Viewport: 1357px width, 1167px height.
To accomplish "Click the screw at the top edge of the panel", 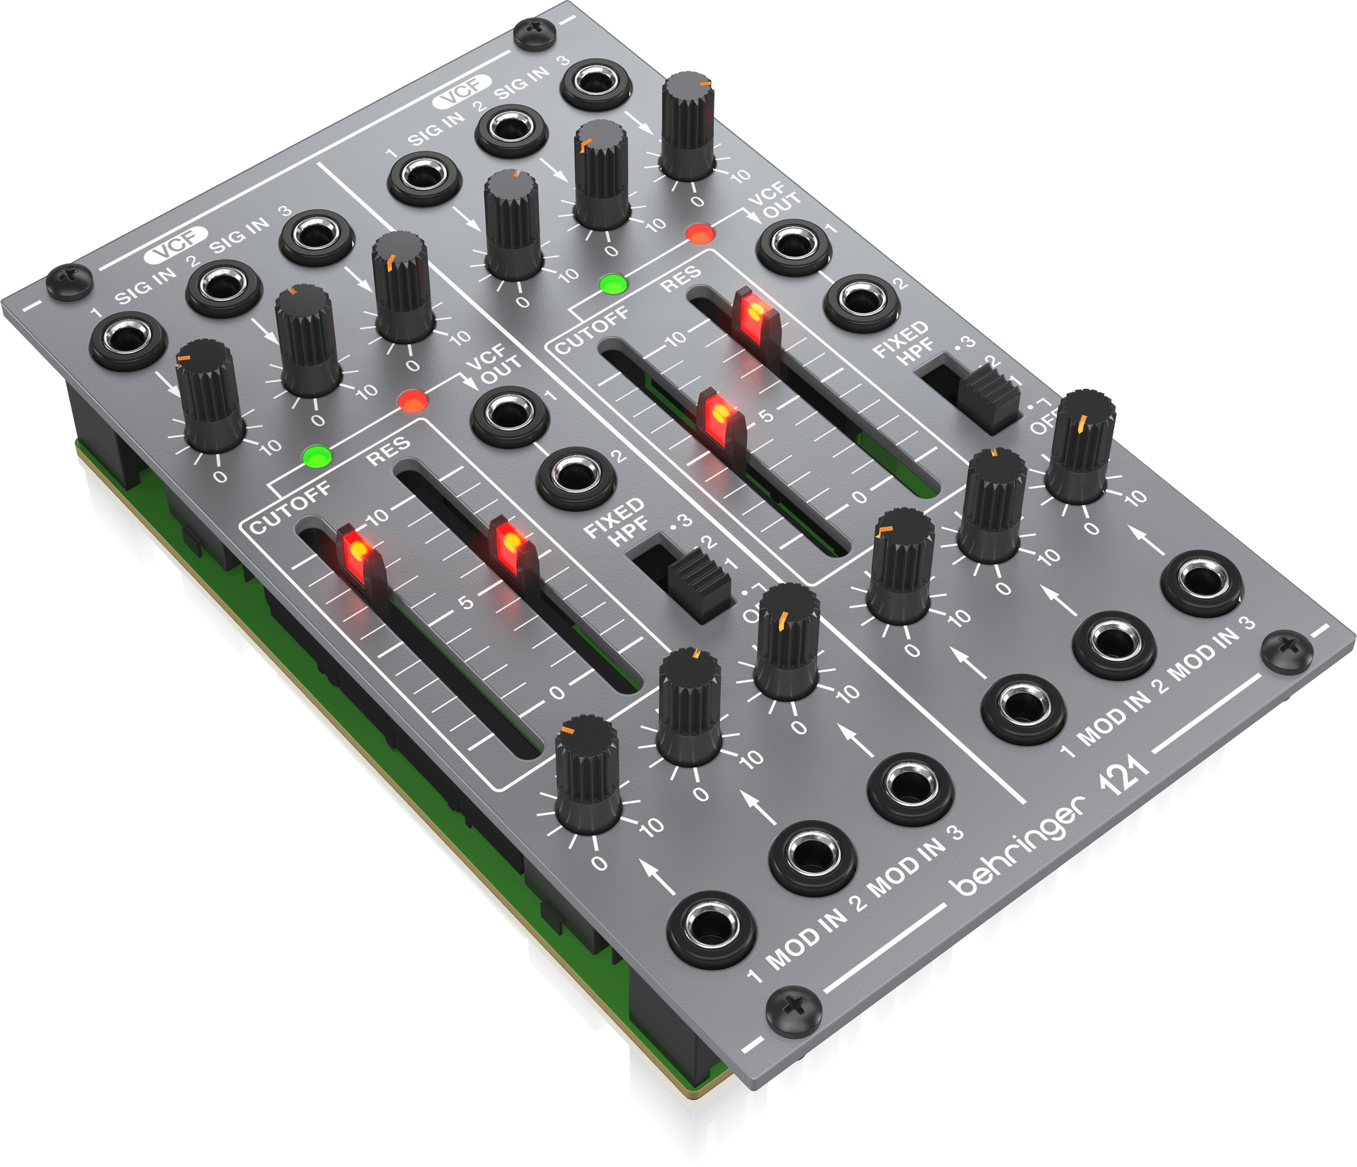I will (x=535, y=33).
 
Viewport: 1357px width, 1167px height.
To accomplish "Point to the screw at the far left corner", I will (x=69, y=280).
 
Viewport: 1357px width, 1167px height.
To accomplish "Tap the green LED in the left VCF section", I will (x=318, y=456).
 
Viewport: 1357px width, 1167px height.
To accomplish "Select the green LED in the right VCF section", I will (x=613, y=284).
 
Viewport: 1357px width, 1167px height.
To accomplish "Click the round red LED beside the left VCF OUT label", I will (x=413, y=401).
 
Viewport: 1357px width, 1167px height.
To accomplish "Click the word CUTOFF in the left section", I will (x=290, y=506).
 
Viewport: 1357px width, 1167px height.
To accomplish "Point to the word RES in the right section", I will (x=681, y=278).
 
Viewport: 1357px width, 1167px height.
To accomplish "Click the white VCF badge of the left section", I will (x=176, y=244).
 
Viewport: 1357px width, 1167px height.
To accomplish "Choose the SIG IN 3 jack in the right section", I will (x=596, y=84).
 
